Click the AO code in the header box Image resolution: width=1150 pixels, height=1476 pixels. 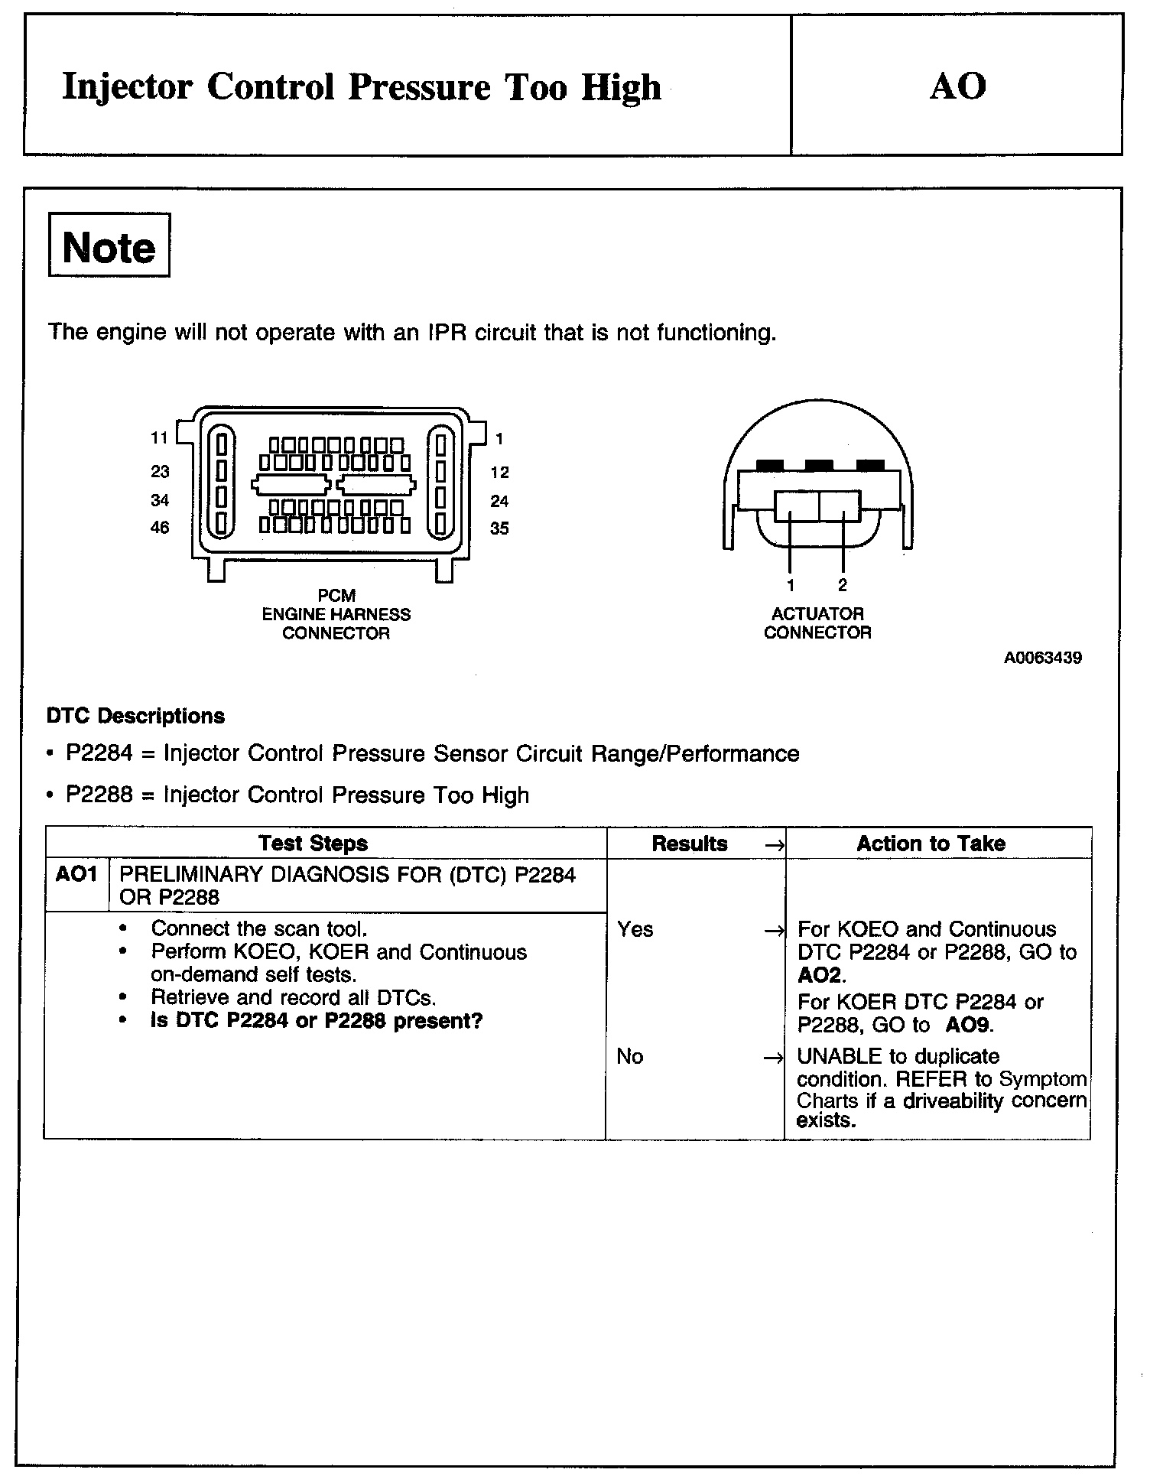[x=957, y=86]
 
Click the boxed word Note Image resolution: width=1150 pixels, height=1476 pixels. [x=109, y=246]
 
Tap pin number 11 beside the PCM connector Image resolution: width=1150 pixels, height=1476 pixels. [x=159, y=438]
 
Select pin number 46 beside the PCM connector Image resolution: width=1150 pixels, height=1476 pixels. [x=160, y=528]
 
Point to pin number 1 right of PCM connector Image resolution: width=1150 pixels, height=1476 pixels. [x=499, y=439]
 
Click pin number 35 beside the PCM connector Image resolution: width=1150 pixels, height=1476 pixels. [x=499, y=528]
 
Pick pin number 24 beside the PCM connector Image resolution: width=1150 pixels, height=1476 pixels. [x=499, y=502]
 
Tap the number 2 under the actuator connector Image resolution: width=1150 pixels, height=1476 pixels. [x=842, y=586]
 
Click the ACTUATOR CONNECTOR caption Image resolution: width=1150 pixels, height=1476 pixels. [x=817, y=623]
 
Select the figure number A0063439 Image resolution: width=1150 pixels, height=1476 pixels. [x=1042, y=658]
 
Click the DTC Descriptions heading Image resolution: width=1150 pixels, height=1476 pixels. [x=136, y=717]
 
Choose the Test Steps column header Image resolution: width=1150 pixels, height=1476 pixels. [x=313, y=844]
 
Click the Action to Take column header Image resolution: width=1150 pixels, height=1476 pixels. [x=931, y=844]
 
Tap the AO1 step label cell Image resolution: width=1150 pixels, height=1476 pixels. [x=76, y=874]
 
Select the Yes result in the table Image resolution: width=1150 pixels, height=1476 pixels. [x=635, y=930]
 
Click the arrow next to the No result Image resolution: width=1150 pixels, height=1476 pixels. [x=774, y=1058]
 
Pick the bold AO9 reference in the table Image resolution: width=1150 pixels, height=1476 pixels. [x=969, y=1026]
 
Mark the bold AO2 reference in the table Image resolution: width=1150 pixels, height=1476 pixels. [x=819, y=975]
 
